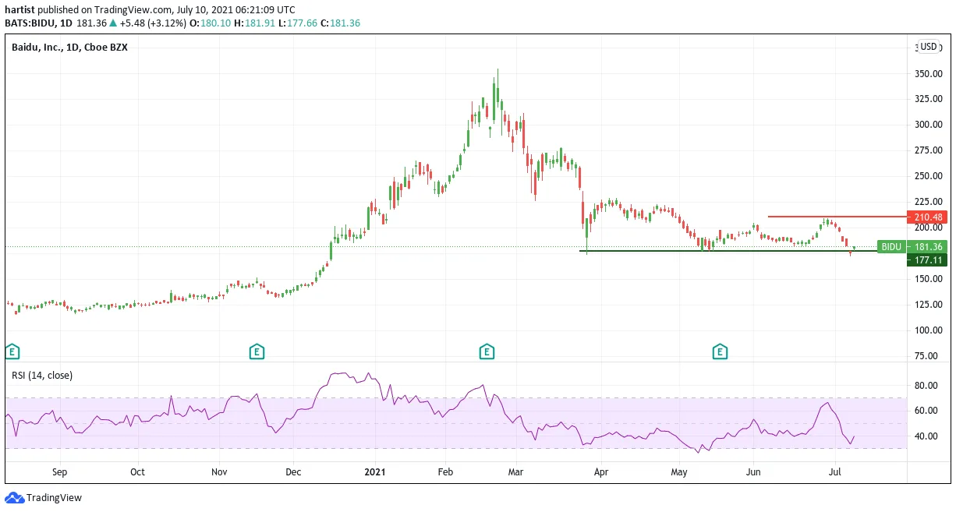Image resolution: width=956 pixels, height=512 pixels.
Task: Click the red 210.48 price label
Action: (926, 217)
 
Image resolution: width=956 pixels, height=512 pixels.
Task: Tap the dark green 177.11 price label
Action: (926, 260)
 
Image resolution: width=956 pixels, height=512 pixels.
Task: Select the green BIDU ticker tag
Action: (891, 246)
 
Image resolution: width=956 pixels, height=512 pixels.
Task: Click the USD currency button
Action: (928, 47)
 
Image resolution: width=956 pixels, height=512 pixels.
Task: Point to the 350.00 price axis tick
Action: (928, 74)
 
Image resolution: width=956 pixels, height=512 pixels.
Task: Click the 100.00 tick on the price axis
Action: (928, 330)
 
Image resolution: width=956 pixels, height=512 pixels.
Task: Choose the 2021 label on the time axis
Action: (375, 472)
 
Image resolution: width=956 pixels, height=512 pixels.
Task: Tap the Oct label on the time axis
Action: (137, 472)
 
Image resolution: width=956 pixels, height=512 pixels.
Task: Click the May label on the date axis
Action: (679, 472)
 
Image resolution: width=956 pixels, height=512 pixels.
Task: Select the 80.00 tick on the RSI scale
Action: (926, 385)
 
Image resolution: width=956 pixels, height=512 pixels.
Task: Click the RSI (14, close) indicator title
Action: (42, 376)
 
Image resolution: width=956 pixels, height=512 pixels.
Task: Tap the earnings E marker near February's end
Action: (487, 351)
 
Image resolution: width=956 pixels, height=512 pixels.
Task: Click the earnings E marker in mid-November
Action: (257, 351)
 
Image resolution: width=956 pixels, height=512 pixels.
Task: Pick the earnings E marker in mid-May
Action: (720, 351)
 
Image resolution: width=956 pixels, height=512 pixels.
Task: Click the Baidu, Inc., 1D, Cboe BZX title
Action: (69, 47)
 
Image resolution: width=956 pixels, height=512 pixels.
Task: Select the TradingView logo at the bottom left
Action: (43, 497)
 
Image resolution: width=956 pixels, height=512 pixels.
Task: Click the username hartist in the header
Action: (20, 9)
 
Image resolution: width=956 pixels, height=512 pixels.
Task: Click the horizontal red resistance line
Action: (837, 217)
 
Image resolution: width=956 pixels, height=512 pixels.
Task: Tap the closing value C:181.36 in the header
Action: (340, 23)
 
